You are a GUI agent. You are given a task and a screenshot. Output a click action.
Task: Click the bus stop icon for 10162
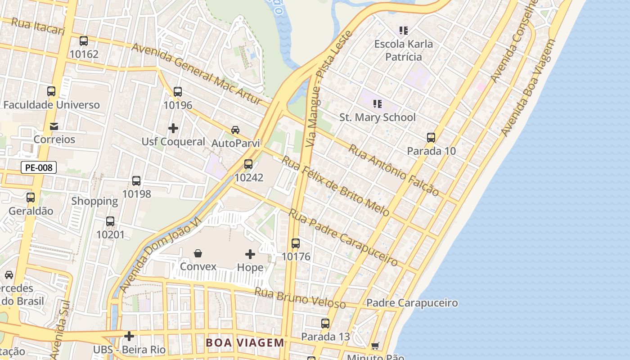point(84,41)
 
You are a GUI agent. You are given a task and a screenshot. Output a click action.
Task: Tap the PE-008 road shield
point(39,168)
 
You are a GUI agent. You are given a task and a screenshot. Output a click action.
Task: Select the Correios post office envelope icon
point(54,126)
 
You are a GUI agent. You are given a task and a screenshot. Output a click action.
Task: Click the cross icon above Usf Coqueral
point(173,129)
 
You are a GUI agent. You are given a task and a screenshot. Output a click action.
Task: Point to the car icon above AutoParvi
point(235,130)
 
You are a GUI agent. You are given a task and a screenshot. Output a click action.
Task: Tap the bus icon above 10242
point(248,164)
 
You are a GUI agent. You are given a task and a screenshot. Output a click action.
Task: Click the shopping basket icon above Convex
point(198,254)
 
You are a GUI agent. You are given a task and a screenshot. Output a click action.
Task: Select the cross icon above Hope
point(250,254)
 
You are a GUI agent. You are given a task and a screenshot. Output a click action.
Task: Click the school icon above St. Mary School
point(377,104)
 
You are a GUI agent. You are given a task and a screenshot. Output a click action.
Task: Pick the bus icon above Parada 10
point(431,138)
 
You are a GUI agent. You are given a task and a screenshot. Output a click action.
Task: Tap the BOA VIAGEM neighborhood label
point(245,343)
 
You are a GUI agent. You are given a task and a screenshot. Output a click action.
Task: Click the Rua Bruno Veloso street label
point(300,298)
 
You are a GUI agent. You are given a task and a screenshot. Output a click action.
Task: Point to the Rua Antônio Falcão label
point(394,170)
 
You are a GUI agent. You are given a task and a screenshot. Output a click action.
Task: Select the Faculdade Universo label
point(52,105)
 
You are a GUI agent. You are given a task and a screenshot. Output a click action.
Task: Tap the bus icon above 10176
point(296,243)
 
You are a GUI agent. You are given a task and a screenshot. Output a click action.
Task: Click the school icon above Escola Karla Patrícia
point(404,31)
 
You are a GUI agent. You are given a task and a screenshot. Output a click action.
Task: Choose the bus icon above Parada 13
point(325,324)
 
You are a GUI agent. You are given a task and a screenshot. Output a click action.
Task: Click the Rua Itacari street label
point(38,27)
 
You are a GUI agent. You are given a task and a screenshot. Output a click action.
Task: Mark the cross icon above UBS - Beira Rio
point(129,336)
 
